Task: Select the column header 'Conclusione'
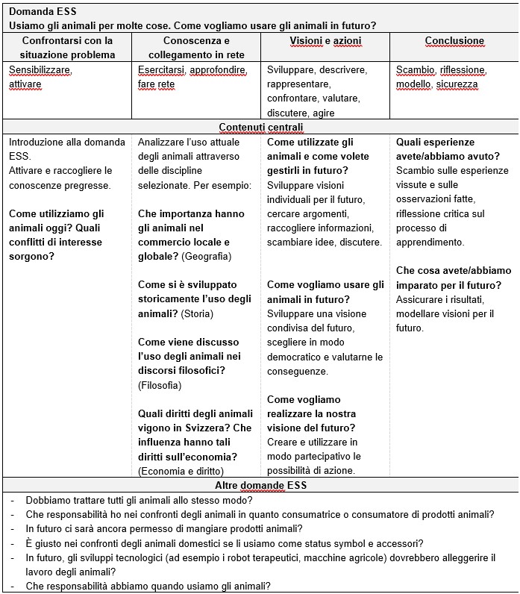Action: (454, 41)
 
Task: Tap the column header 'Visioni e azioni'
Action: (325, 41)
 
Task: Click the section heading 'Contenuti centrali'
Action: (260, 128)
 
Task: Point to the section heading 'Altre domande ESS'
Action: (260, 485)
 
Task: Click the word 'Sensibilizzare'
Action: (40, 70)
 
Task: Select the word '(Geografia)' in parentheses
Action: (207, 257)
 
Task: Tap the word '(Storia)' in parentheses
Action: (197, 313)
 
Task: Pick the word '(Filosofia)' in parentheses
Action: (160, 385)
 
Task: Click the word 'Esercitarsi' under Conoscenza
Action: (161, 70)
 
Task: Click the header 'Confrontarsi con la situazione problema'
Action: (67, 48)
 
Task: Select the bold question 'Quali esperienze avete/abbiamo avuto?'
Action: (448, 148)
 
